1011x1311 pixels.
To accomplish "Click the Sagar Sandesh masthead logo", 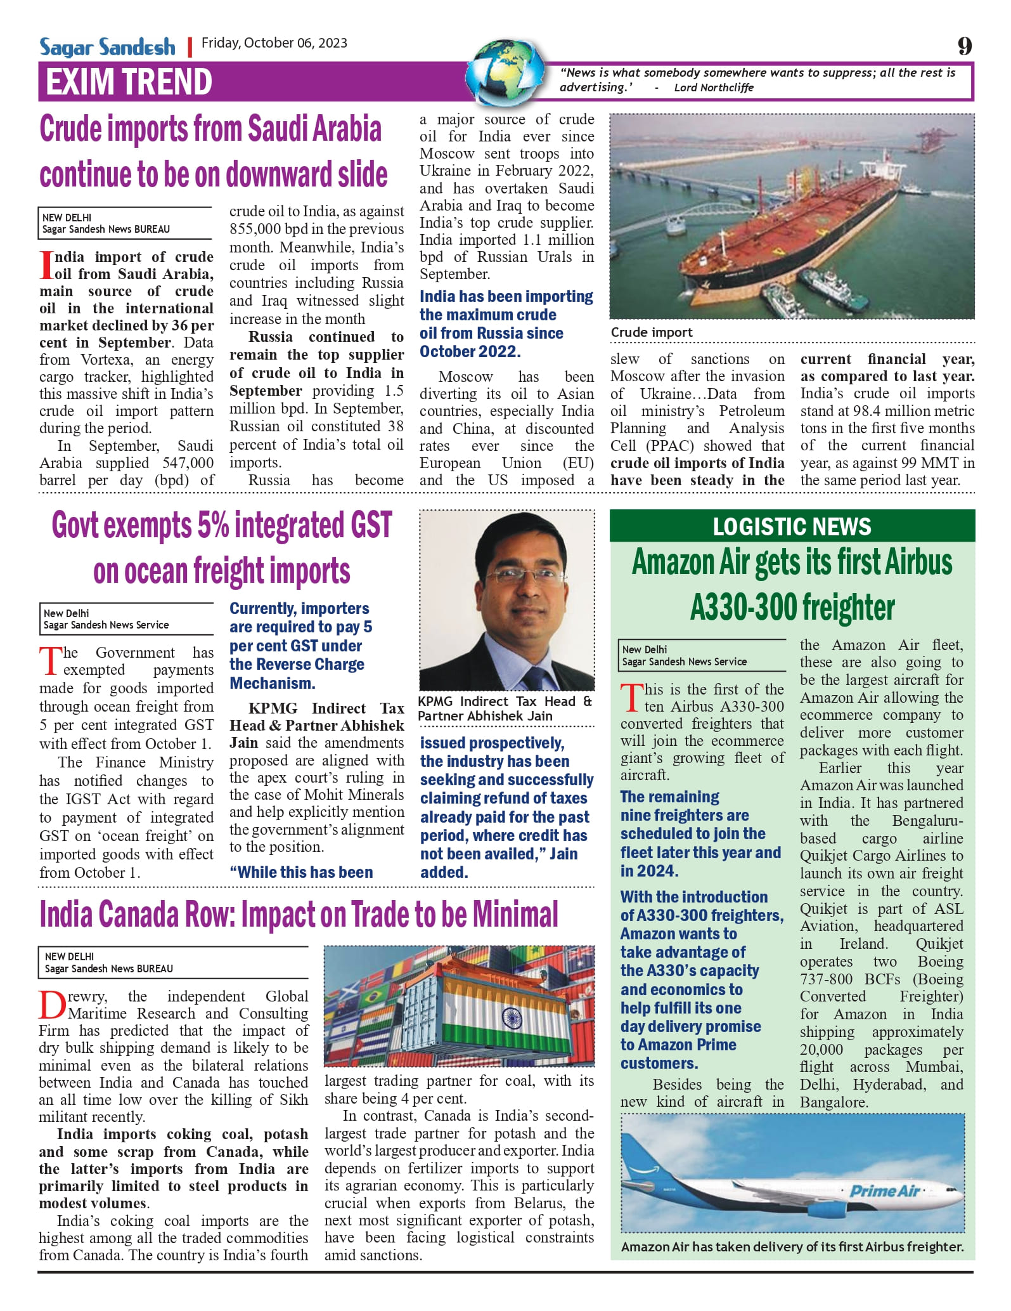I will tap(107, 47).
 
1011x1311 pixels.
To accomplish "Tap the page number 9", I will tap(964, 46).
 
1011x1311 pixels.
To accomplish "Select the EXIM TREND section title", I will tap(129, 82).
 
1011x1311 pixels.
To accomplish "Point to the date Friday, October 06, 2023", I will tap(274, 43).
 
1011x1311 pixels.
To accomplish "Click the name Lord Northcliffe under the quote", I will tap(714, 88).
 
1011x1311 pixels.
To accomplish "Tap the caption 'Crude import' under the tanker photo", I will tap(652, 332).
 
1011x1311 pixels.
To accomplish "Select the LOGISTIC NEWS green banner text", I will tap(792, 526).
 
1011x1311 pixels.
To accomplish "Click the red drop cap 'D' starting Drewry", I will tap(52, 1004).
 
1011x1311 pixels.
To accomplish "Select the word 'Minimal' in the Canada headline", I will tap(515, 915).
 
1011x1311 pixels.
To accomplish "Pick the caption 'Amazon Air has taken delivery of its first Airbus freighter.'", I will tap(792, 1246).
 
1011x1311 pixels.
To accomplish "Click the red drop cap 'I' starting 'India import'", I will tap(46, 264).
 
